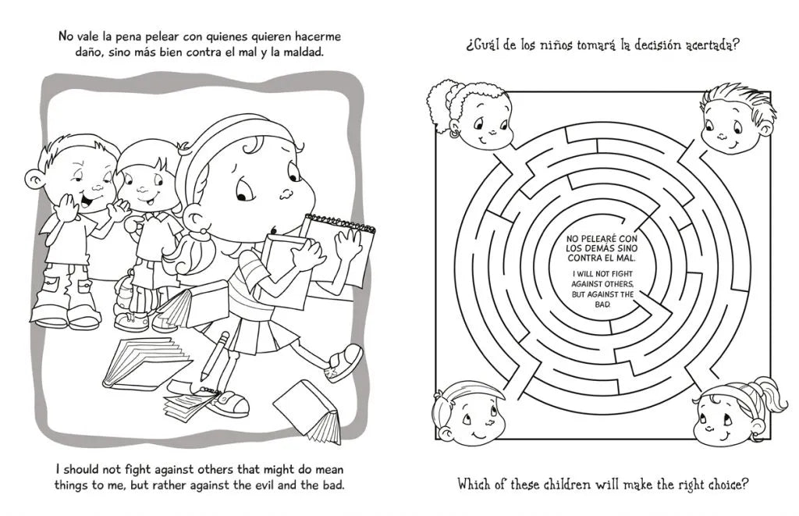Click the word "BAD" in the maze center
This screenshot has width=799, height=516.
[x=603, y=304]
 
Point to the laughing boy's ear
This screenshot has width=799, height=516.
[x=34, y=179]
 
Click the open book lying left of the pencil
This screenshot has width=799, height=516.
[x=144, y=363]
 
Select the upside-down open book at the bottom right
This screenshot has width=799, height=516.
[x=308, y=411]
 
